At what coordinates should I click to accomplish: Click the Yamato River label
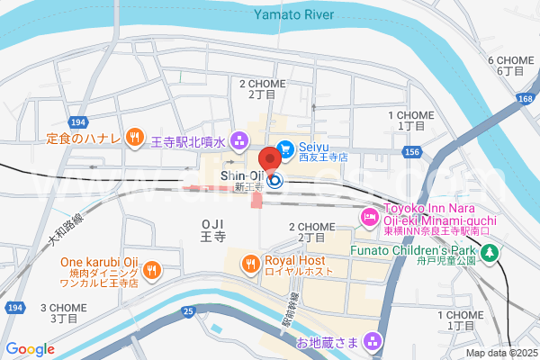(293, 14)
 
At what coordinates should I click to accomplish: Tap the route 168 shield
(525, 97)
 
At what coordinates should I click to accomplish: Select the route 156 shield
(411, 154)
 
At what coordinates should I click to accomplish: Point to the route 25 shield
(187, 311)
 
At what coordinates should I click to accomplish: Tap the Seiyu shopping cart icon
(285, 148)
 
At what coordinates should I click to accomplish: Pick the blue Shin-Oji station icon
(275, 180)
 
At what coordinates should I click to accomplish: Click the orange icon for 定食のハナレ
(134, 137)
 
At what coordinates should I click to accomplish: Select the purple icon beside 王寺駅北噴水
(239, 140)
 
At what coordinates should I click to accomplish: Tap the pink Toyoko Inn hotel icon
(369, 217)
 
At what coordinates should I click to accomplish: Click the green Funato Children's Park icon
(490, 255)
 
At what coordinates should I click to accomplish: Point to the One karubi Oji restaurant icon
(152, 268)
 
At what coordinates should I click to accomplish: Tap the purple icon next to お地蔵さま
(374, 342)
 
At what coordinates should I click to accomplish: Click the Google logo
(31, 349)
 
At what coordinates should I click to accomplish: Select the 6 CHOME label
(505, 65)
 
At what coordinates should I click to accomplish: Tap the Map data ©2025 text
(499, 352)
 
